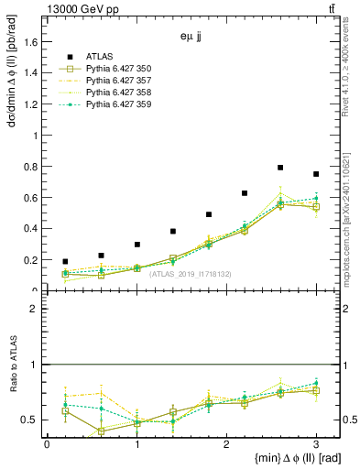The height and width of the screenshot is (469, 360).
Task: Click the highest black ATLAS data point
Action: coord(280,168)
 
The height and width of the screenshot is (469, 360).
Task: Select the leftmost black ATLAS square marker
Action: coord(65,262)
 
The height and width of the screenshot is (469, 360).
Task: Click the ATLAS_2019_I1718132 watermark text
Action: coord(191,274)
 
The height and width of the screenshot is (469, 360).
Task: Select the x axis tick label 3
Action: coord(316,443)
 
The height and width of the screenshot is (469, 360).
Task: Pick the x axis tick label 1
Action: coord(136,443)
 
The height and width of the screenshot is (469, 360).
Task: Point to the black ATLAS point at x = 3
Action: coord(316,174)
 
